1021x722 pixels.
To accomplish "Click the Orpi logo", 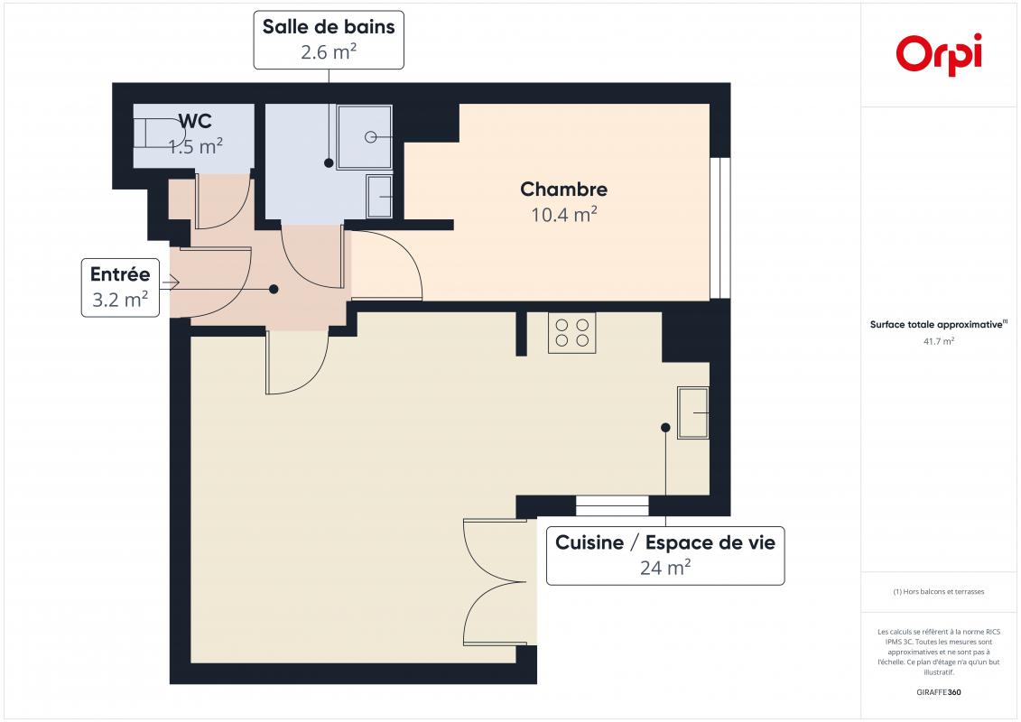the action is click(x=938, y=55).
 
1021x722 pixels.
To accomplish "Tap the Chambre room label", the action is click(x=564, y=189).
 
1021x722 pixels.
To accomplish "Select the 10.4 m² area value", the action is click(x=564, y=214).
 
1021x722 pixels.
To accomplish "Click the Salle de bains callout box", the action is click(x=329, y=40).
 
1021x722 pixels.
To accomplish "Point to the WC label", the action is click(x=195, y=121).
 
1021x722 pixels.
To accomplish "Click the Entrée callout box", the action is click(x=120, y=288).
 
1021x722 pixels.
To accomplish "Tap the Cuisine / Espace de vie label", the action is click(x=665, y=542).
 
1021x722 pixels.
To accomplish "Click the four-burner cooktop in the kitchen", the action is click(x=572, y=333).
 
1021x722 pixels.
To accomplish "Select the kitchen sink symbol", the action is click(x=693, y=412).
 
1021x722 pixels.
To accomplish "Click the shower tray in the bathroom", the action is click(x=365, y=136).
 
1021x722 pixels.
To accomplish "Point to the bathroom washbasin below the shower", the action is click(x=380, y=196).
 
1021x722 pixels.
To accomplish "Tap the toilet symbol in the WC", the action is click(x=160, y=134).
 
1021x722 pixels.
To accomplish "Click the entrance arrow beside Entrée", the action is click(x=171, y=282).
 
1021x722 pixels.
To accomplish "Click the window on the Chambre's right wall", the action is click(x=719, y=227).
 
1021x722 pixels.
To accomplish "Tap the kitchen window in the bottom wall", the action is click(x=612, y=505).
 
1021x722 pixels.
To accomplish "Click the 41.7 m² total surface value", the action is click(x=938, y=341).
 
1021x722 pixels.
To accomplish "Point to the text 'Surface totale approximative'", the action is click(x=936, y=324).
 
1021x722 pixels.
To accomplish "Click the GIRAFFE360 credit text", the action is click(x=938, y=692).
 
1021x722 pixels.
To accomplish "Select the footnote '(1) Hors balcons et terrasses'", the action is click(x=938, y=592).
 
